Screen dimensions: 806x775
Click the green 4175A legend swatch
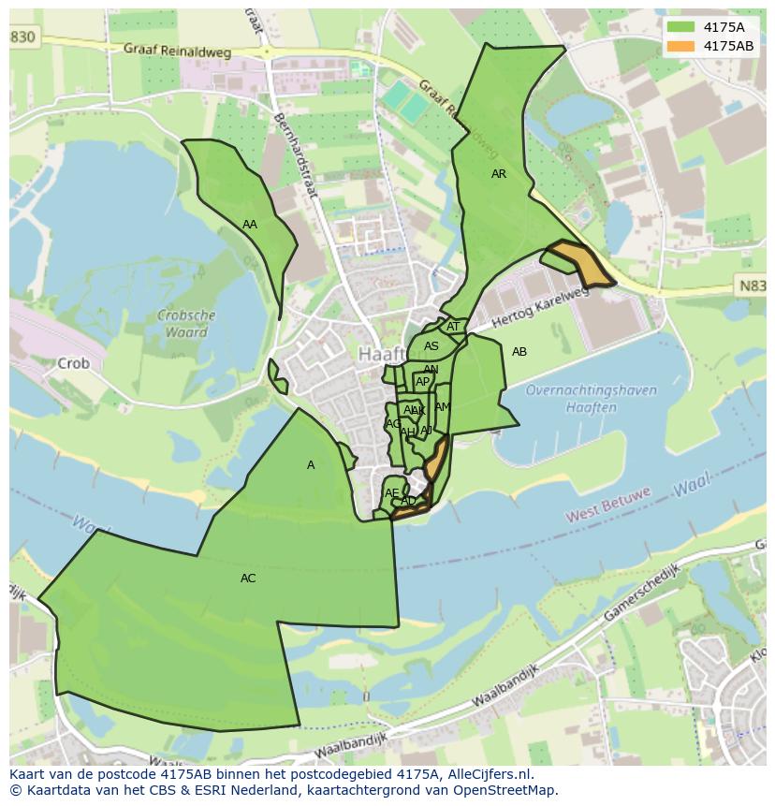(x=680, y=26)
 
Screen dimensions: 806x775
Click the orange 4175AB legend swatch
(x=680, y=46)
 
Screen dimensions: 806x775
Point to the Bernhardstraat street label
(x=296, y=156)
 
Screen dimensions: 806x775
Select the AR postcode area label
(x=499, y=174)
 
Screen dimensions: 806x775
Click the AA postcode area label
(x=250, y=225)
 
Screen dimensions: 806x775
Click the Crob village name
(x=73, y=363)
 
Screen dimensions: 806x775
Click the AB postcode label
(x=519, y=352)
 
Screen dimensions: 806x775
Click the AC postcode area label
(x=248, y=579)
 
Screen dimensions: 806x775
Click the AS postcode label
(x=431, y=346)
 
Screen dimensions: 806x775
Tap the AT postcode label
(x=453, y=327)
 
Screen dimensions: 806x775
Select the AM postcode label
(x=443, y=407)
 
